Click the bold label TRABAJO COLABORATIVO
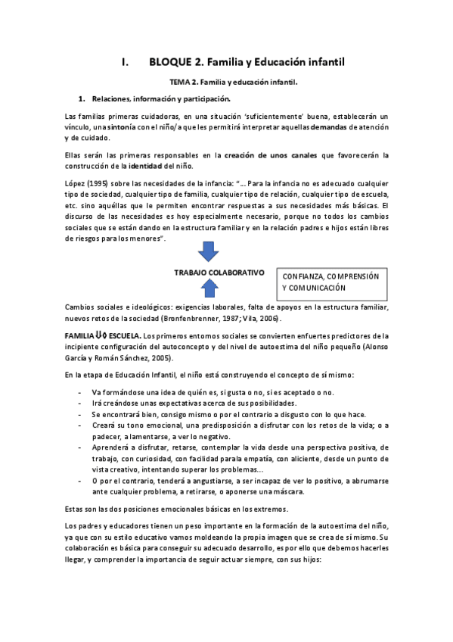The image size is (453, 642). click(219, 271)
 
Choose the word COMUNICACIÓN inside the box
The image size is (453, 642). click(318, 288)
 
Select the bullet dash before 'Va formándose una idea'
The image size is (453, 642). click(80, 392)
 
